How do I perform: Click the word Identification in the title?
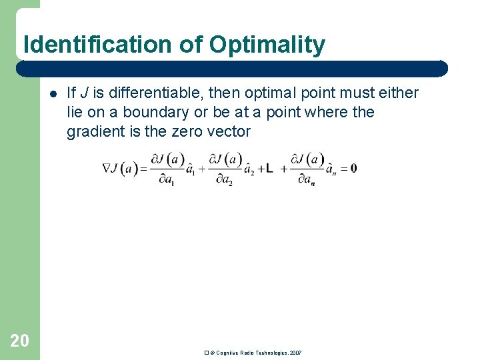[x=98, y=45]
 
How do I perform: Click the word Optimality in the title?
[x=267, y=45]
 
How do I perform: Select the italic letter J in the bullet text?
[x=82, y=93]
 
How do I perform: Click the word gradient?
[x=95, y=131]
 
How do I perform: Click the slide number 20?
[x=20, y=341]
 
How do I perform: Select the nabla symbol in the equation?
[x=107, y=168]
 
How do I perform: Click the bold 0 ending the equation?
[x=353, y=168]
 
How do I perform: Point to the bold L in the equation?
[x=269, y=169]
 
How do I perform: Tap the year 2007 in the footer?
[x=296, y=352]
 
